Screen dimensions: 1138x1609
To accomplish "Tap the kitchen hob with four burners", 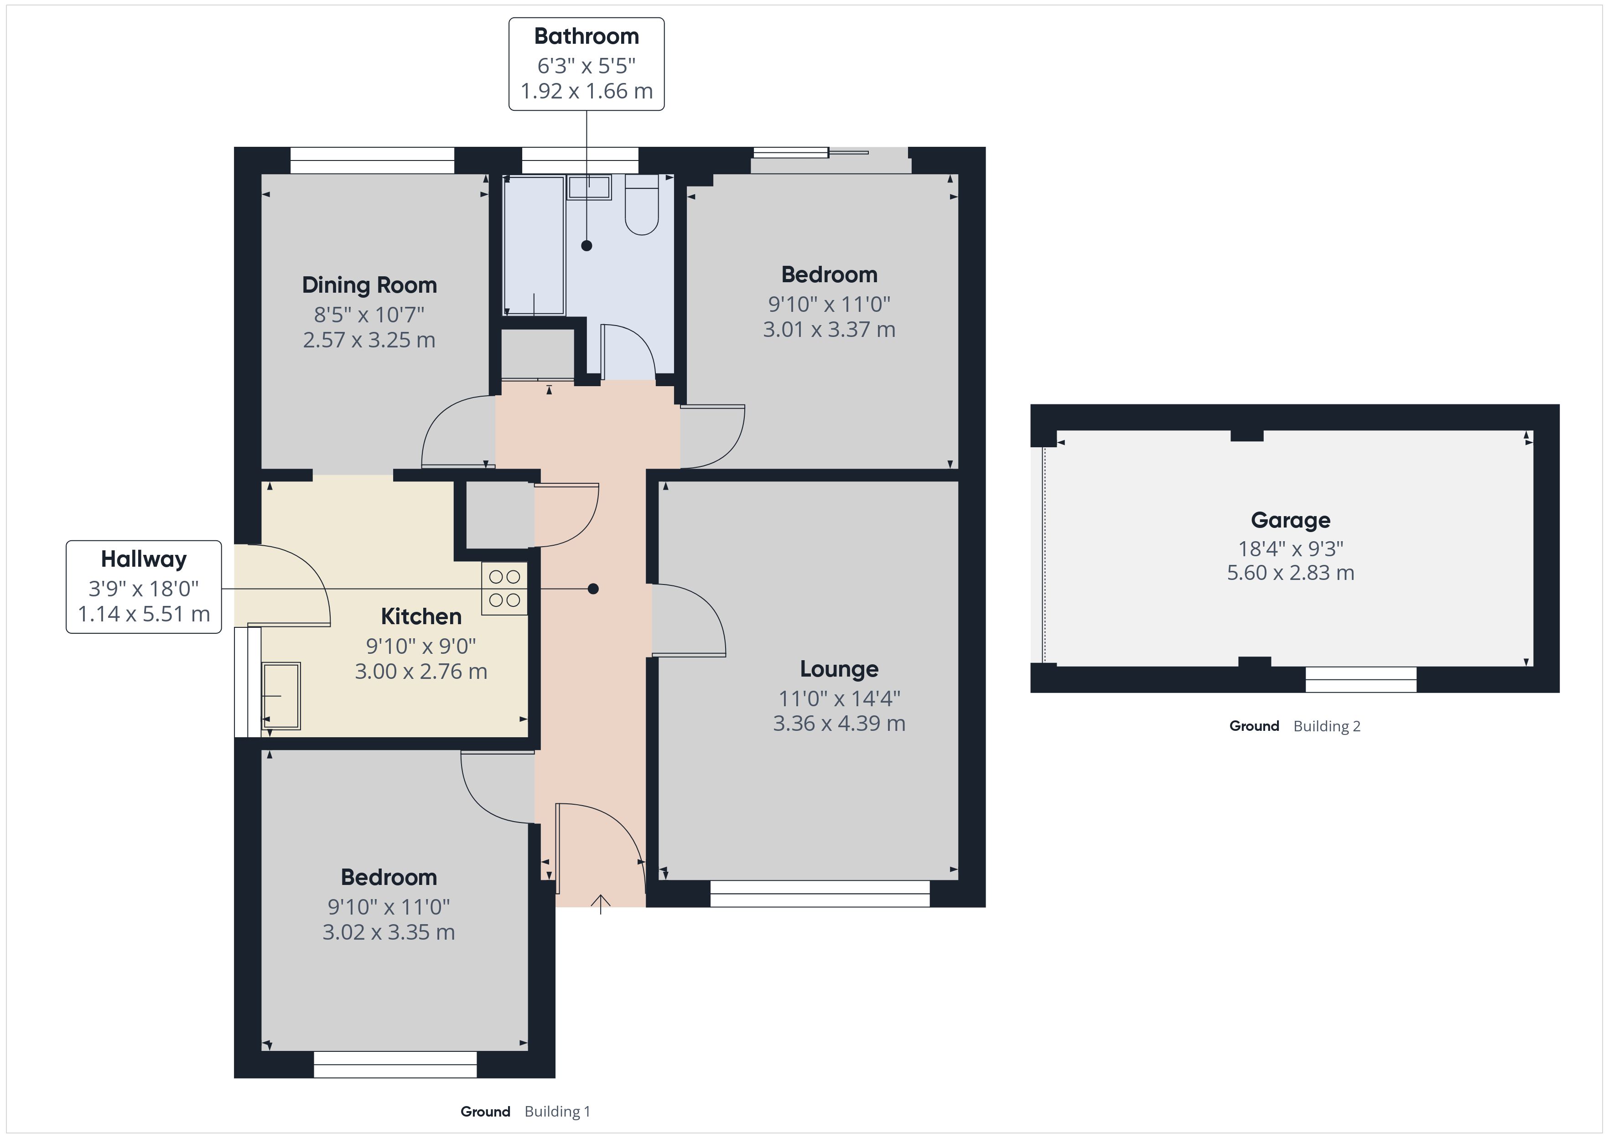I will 504,589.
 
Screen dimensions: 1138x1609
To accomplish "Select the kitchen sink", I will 281,696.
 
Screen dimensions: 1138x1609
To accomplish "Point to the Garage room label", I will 1290,520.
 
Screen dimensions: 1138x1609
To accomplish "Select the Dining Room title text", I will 369,285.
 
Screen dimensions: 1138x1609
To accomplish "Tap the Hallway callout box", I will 144,586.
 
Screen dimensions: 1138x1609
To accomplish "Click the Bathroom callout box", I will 586,64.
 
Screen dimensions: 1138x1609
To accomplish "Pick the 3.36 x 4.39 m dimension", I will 839,723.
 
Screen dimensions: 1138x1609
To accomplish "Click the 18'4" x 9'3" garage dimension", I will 1290,548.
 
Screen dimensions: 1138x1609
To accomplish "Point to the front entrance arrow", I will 601,904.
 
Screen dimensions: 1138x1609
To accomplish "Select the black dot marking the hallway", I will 593,589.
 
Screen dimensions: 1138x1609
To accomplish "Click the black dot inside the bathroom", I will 587,245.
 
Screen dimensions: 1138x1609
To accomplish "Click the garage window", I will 1360,679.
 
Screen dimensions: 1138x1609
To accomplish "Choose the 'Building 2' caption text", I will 1327,726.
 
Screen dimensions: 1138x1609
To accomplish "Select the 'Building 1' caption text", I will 557,1112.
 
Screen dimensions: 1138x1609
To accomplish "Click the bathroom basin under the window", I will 589,187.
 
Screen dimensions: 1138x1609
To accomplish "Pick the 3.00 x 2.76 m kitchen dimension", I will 420,671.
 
